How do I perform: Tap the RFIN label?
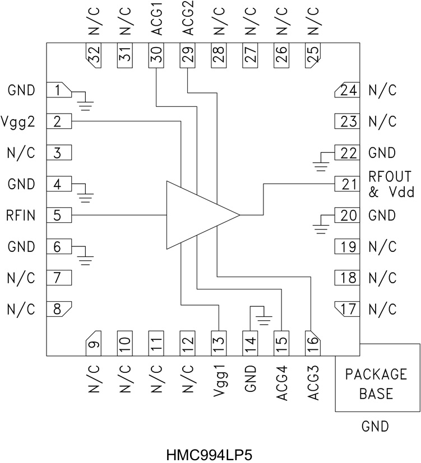(x=21, y=215)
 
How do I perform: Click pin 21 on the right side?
(x=346, y=184)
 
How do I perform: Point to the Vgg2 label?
(x=21, y=121)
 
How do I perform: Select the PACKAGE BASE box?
(x=376, y=384)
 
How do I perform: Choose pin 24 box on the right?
(x=346, y=90)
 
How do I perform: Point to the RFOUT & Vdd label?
(x=391, y=184)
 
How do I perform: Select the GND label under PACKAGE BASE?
(x=375, y=427)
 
